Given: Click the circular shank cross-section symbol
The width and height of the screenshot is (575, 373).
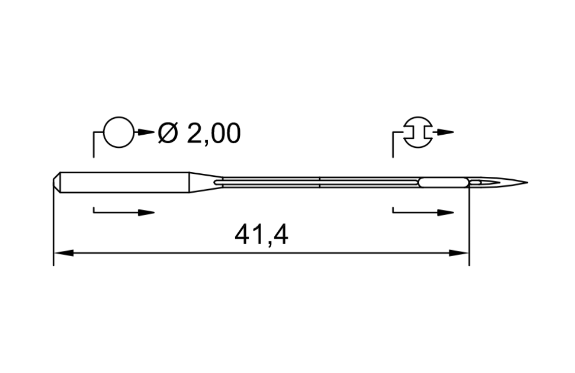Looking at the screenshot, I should (119, 133).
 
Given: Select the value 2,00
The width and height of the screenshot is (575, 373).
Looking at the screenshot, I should (214, 134).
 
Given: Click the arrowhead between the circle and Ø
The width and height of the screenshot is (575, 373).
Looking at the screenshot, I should (145, 133).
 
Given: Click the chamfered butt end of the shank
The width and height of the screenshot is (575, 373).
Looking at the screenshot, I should (56, 182).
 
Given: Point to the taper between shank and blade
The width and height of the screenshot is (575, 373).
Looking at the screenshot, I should (203, 182).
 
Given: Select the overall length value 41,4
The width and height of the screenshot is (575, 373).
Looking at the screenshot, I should (261, 236).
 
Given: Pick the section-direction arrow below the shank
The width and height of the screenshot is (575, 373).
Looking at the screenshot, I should (145, 212).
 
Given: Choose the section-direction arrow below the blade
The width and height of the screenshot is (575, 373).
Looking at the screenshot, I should (445, 212).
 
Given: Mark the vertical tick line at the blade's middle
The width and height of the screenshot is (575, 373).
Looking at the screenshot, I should (320, 182).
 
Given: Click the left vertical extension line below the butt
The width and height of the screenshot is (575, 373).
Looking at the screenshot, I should (53, 229).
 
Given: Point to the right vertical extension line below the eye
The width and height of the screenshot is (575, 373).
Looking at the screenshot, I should (469, 229).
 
